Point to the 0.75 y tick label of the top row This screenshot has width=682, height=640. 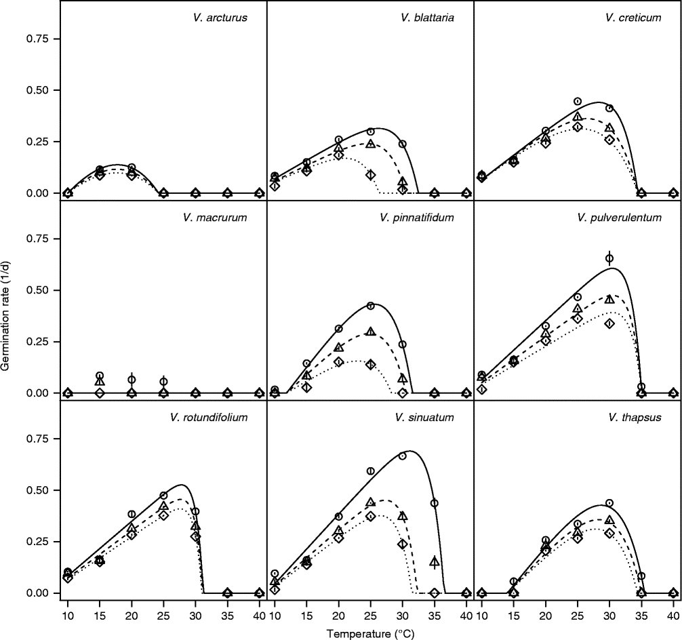pos(39,39)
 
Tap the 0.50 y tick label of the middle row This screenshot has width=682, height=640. pos(39,290)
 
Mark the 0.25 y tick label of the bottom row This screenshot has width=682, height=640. pos(39,542)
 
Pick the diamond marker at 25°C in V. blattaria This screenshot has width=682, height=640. pos(371,175)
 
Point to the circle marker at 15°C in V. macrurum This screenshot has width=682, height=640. pos(100,376)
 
